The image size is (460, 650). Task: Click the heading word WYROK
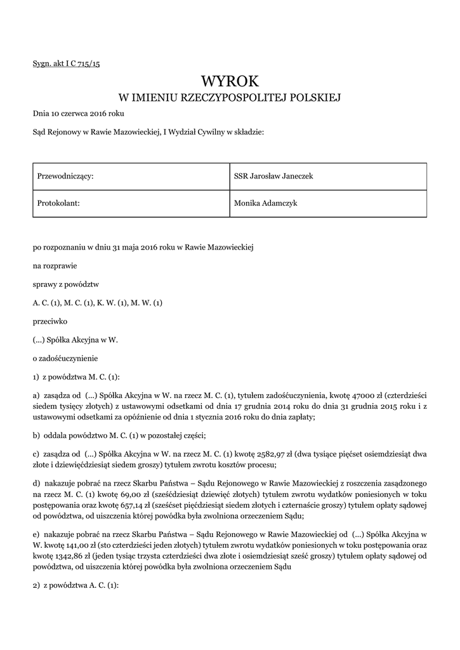230,81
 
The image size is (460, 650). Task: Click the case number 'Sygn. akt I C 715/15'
67,65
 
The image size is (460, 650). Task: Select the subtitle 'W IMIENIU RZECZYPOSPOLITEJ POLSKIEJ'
230,98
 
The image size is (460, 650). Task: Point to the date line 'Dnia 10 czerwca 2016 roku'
79,114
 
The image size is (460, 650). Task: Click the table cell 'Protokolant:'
58,203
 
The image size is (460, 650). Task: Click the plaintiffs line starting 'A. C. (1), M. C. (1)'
98,303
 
